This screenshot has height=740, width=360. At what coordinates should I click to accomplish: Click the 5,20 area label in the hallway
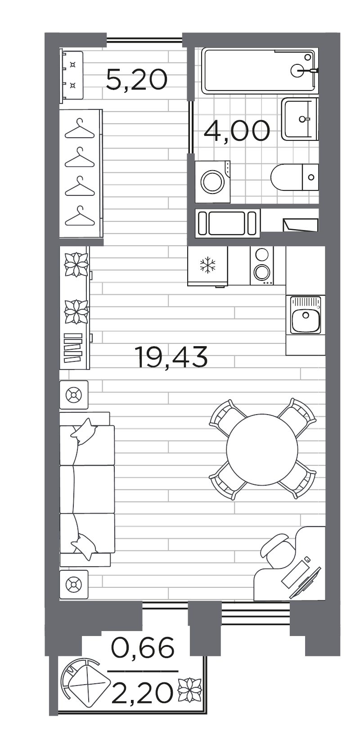point(137,80)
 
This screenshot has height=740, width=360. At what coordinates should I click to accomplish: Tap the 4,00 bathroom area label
point(237,131)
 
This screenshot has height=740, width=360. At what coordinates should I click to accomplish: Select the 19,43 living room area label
point(171,357)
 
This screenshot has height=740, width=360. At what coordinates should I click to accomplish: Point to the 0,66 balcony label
point(142,647)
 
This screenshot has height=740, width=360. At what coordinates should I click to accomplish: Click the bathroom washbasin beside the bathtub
point(300,119)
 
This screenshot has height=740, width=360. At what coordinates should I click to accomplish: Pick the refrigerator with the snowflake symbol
point(208,266)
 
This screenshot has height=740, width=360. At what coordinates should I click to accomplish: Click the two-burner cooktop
point(262,266)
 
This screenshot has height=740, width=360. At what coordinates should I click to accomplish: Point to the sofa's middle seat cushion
point(87,489)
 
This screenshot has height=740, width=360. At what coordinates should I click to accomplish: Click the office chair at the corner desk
point(278,551)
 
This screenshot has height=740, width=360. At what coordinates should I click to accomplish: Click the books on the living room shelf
point(72,348)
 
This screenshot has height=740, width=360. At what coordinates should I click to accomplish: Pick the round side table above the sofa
point(74,395)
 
